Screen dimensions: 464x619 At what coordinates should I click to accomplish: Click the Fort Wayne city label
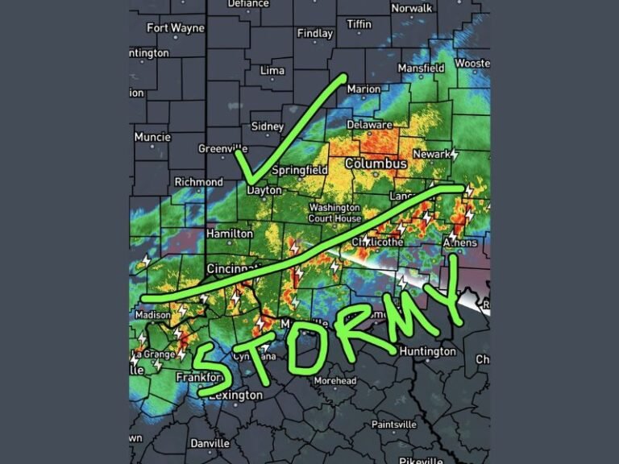coord(176,28)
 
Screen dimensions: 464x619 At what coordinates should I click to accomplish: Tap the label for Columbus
coord(376,164)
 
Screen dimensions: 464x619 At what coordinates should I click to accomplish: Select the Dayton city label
coord(264,191)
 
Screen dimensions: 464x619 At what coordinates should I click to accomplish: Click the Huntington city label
coord(427,352)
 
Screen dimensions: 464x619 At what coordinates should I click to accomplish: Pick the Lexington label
coord(239,396)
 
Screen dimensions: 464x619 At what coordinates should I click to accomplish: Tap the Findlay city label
coord(314,34)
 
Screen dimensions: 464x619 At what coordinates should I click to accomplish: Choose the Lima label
coord(272,71)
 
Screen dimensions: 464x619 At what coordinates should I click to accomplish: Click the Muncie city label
coord(152,137)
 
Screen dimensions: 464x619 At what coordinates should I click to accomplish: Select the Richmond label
coord(198,182)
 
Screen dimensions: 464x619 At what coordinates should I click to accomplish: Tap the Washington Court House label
coord(334,213)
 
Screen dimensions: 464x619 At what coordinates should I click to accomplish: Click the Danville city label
coord(210,443)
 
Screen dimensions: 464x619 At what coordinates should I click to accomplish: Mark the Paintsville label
coord(395,425)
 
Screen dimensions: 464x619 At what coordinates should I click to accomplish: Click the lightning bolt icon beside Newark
coord(454,153)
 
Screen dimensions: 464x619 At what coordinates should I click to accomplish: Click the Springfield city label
coord(299,171)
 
